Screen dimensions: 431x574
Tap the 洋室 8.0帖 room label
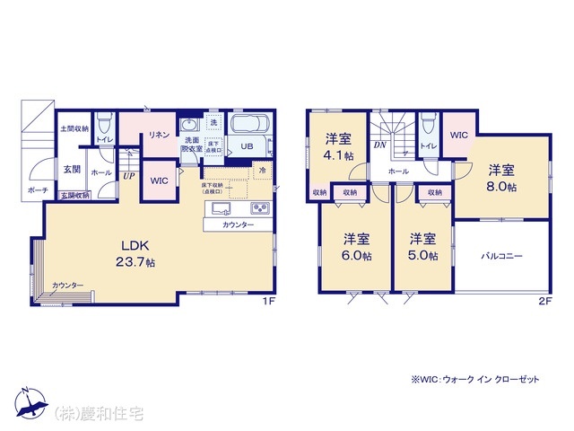click(x=501, y=178)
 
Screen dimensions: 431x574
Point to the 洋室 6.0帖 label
click(x=357, y=246)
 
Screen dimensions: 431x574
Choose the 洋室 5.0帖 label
click(x=422, y=246)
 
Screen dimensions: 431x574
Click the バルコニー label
click(x=503, y=256)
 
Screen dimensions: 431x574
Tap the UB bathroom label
click(x=245, y=146)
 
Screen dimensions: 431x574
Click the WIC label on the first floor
click(x=159, y=180)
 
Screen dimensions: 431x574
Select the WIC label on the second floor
click(x=458, y=136)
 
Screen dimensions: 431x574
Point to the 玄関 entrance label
click(x=73, y=169)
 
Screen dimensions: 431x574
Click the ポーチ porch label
click(x=37, y=191)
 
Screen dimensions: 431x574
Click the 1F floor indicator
click(x=267, y=299)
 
